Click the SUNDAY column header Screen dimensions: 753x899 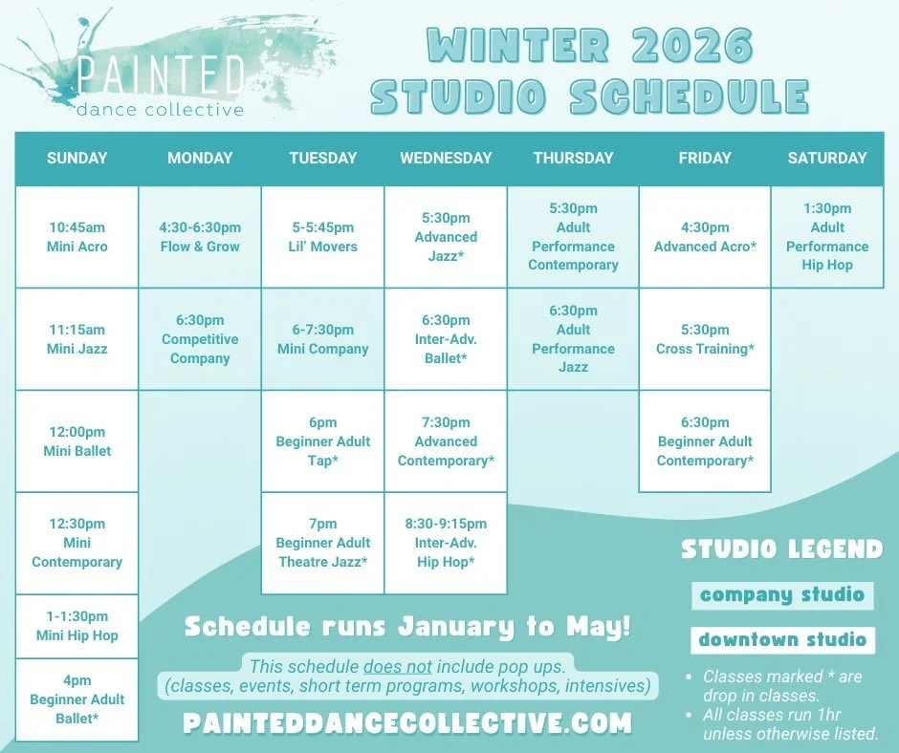[77, 159]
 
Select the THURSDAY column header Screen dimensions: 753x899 [573, 159]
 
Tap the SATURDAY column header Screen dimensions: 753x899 [827, 159]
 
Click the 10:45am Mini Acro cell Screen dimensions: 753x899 [77, 237]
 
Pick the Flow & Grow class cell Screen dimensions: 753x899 [200, 237]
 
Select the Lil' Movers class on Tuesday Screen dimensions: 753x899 [322, 237]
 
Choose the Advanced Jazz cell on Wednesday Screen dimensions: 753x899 [446, 237]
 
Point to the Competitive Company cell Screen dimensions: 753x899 [200, 339]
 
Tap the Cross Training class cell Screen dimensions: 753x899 [705, 339]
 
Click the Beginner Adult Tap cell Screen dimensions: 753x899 [322, 441]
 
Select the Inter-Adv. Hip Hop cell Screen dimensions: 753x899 [446, 543]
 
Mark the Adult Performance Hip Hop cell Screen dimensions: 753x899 [827, 237]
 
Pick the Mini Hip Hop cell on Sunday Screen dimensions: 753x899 [77, 626]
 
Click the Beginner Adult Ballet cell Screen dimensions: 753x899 [77, 699]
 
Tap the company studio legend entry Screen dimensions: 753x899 [781, 595]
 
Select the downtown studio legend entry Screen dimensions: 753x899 [781, 639]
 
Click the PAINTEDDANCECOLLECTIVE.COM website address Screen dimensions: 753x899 [407, 722]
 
